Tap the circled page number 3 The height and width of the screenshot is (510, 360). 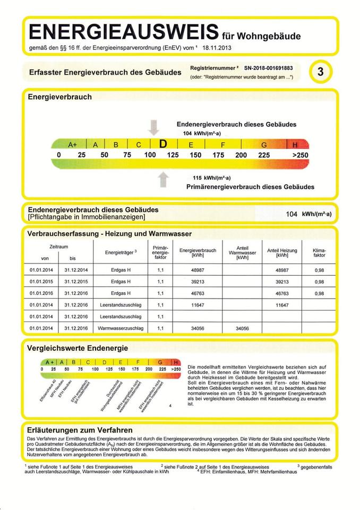pyautogui.click(x=320, y=73)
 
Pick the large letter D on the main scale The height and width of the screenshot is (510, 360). pyautogui.click(x=164, y=144)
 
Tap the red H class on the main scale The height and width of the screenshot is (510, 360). pyautogui.click(x=296, y=144)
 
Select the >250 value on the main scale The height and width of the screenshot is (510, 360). pyautogui.click(x=299, y=155)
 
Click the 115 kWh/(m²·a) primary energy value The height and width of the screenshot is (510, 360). pyautogui.click(x=211, y=178)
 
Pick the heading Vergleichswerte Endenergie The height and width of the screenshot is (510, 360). pyautogui.click(x=78, y=348)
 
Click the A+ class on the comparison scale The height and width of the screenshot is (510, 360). pyautogui.click(x=51, y=362)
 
